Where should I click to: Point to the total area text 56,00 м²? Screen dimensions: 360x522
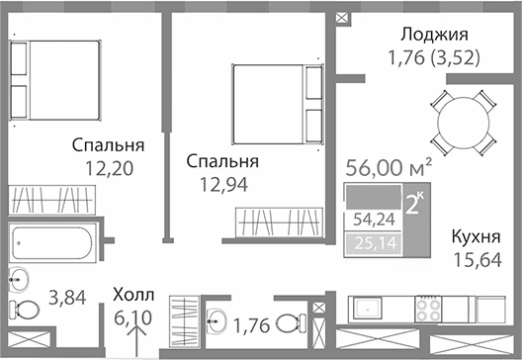click(389, 168)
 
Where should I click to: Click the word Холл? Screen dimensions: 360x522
click(133, 294)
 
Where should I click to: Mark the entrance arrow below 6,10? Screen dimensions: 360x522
click(137, 341)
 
